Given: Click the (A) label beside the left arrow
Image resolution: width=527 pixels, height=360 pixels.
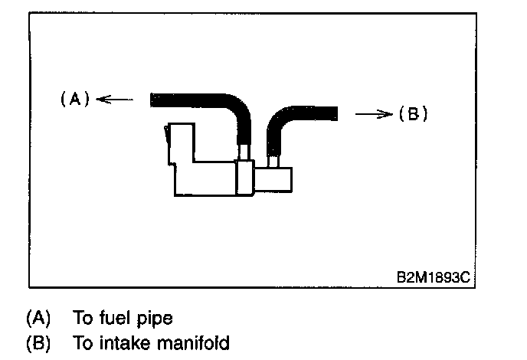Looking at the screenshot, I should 75,98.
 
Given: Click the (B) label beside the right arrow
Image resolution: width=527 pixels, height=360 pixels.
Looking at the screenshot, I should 412,114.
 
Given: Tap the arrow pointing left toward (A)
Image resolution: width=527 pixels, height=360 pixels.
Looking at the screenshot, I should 114,98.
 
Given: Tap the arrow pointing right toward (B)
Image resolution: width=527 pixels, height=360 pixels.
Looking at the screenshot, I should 373,114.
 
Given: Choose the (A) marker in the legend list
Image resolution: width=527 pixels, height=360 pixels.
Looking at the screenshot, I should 37,317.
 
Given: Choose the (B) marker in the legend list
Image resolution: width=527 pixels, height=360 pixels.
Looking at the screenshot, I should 37,342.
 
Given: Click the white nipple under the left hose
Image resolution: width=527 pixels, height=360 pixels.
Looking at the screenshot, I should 244,153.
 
